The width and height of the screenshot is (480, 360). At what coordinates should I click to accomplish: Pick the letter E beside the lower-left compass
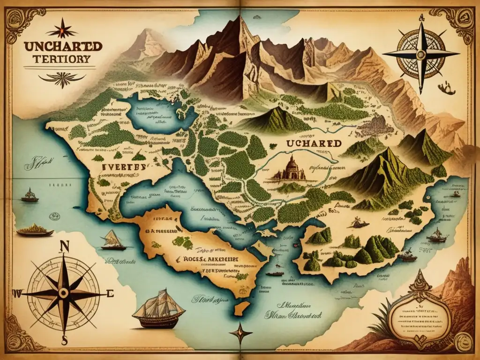(111, 293)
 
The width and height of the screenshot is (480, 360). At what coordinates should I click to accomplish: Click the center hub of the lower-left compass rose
(64, 293)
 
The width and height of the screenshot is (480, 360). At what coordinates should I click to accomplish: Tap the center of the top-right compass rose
(421, 54)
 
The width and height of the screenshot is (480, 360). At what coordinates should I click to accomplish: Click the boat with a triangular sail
(113, 240)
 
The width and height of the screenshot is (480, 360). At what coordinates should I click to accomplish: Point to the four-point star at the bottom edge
(240, 333)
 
